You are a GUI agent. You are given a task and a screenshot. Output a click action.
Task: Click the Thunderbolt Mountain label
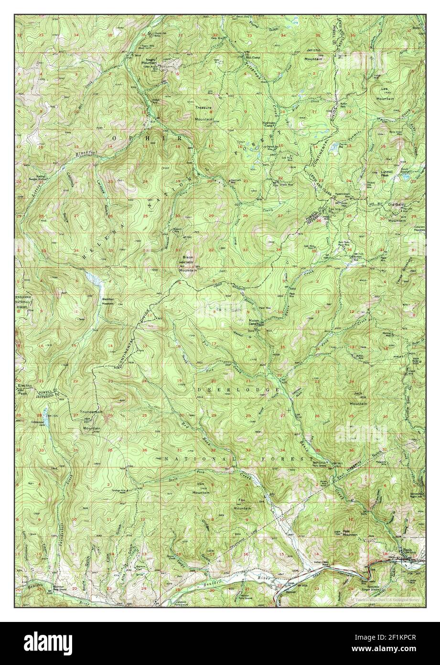pos(91,414)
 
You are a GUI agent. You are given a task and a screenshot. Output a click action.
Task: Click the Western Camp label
pos(256,321)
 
